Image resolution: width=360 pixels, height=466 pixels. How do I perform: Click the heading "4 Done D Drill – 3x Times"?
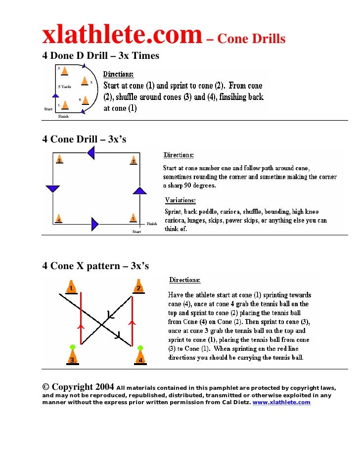(101, 55)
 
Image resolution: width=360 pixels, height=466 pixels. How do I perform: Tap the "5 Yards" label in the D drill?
(65, 87)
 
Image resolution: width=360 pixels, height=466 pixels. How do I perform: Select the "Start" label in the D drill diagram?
(48, 109)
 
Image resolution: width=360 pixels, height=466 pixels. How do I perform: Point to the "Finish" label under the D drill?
(63, 117)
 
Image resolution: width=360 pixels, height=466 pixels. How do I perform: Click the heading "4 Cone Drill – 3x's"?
(84, 140)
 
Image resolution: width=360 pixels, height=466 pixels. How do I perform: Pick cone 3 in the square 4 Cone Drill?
(59, 160)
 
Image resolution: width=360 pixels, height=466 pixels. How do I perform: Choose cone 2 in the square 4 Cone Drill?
(134, 160)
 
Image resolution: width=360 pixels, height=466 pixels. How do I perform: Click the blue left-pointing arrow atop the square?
(90, 153)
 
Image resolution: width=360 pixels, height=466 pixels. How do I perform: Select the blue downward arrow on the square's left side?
(52, 188)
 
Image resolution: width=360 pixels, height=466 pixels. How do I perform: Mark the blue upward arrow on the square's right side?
(140, 190)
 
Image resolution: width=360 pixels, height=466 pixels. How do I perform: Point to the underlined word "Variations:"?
(180, 200)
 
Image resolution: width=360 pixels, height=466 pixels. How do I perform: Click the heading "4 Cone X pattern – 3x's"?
(95, 266)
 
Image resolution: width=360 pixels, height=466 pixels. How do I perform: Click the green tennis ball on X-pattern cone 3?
(73, 347)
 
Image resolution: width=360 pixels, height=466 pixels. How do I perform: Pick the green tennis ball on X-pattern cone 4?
(140, 348)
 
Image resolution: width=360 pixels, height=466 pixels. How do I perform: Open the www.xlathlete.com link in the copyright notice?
(281, 403)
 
